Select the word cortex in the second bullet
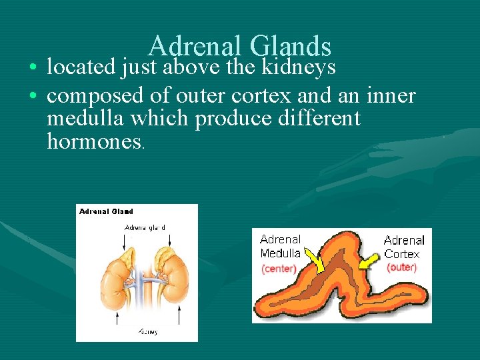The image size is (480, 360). (x=261, y=96)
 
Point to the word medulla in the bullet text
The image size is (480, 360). (x=86, y=119)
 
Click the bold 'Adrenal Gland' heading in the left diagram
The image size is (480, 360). (x=106, y=211)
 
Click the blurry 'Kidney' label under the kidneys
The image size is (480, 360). (x=147, y=331)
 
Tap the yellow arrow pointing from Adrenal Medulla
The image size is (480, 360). (x=313, y=262)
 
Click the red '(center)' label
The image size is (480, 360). (x=279, y=269)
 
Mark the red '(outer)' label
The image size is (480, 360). (x=401, y=267)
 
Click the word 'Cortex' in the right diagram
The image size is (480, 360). (x=401, y=254)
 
